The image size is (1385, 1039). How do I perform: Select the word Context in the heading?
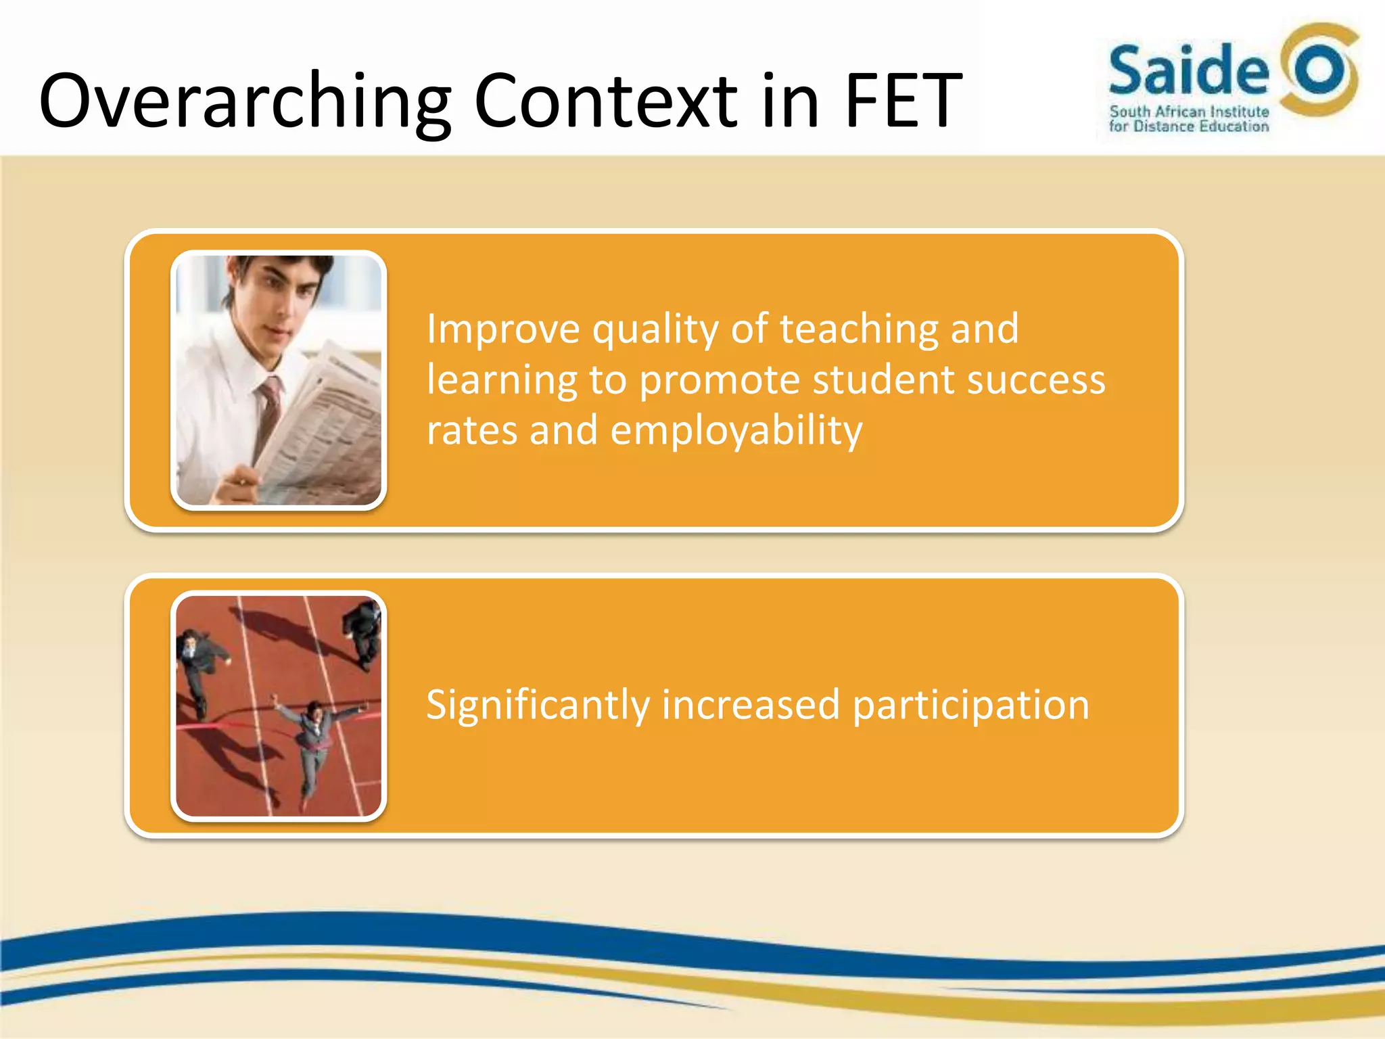coord(605,101)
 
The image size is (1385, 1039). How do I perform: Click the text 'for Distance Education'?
coord(1189,126)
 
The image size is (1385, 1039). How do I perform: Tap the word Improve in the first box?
coord(503,329)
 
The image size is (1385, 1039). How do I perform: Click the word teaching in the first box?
coord(858,329)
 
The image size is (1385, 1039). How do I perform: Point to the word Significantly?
coord(538,706)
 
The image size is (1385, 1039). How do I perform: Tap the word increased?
coord(751,706)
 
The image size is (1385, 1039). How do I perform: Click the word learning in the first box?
coord(501,380)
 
